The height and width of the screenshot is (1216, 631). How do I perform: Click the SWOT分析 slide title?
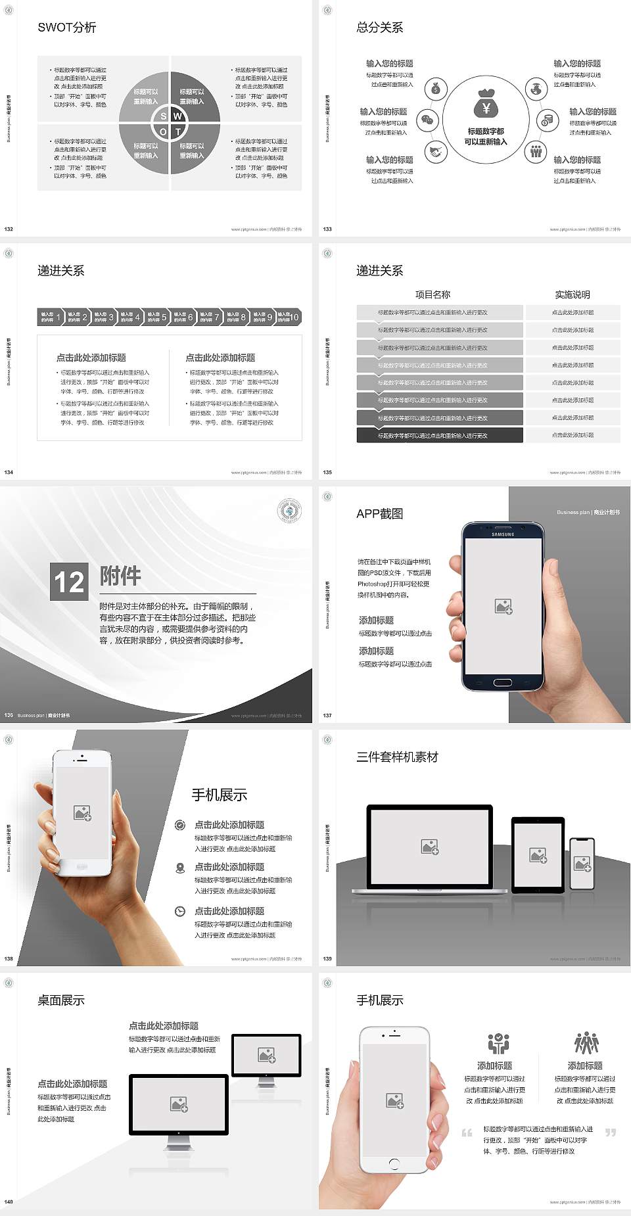tap(66, 28)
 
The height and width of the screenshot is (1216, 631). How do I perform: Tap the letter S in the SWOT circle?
tap(163, 116)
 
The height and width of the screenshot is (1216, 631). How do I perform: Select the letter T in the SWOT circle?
tap(177, 131)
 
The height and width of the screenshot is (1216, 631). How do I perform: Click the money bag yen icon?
tap(486, 105)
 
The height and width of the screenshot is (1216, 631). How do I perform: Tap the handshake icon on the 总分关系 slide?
tap(435, 152)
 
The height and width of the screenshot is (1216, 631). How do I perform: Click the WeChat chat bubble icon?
tap(428, 120)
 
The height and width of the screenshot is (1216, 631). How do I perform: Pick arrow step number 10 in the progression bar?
tap(289, 317)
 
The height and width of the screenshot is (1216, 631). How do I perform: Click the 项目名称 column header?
tap(432, 294)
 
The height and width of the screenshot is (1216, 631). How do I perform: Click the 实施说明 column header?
tap(572, 294)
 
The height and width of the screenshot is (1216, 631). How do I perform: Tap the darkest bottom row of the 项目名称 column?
tap(439, 435)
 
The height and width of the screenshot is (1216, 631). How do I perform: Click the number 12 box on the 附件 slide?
tap(69, 582)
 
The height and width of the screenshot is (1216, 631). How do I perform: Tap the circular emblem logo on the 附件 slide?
tap(289, 511)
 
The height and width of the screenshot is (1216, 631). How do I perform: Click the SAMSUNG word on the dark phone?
tap(503, 534)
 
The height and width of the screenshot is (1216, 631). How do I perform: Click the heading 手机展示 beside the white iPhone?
tap(220, 795)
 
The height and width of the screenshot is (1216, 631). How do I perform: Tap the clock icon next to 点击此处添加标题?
tap(180, 911)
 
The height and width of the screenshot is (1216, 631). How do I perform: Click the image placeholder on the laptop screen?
tap(430, 847)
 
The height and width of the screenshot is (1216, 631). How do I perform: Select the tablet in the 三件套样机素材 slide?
tap(538, 854)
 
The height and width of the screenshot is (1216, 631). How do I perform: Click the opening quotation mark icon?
tap(467, 1133)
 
